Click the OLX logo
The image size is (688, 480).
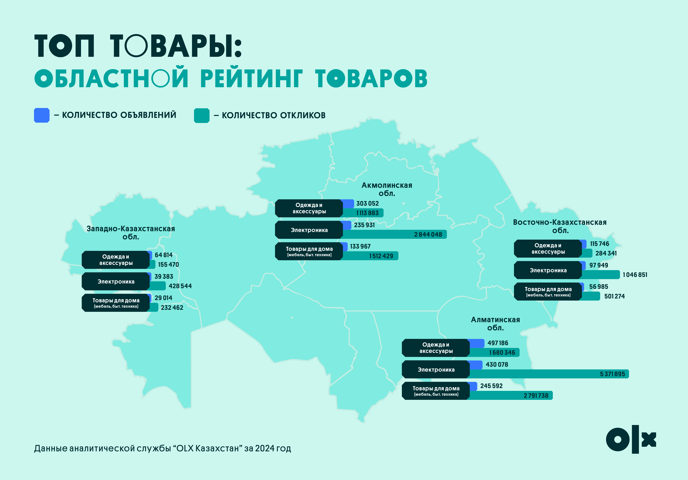[631, 439]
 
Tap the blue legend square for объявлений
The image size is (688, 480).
[42, 115]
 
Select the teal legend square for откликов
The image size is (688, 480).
[202, 115]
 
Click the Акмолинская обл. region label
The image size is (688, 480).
[387, 189]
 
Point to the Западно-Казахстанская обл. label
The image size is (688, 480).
[131, 233]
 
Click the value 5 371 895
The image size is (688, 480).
[613, 374]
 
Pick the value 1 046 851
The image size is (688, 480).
[635, 275]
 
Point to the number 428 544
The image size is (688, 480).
[180, 286]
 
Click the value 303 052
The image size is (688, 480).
[367, 203]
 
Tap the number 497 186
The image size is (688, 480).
[498, 343]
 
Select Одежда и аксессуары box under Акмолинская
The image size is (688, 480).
[309, 208]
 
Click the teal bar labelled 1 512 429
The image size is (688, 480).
[370, 256]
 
